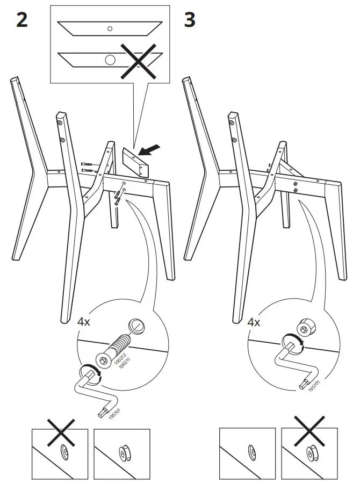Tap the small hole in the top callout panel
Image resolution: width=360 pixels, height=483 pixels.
pyautogui.click(x=110, y=28)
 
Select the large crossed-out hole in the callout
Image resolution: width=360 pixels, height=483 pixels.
pyautogui.click(x=110, y=59)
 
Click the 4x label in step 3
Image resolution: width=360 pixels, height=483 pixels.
pyautogui.click(x=253, y=323)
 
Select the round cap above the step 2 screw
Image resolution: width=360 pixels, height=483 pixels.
pyautogui.click(x=136, y=327)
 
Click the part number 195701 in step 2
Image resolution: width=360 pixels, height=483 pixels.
pyautogui.click(x=113, y=413)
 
